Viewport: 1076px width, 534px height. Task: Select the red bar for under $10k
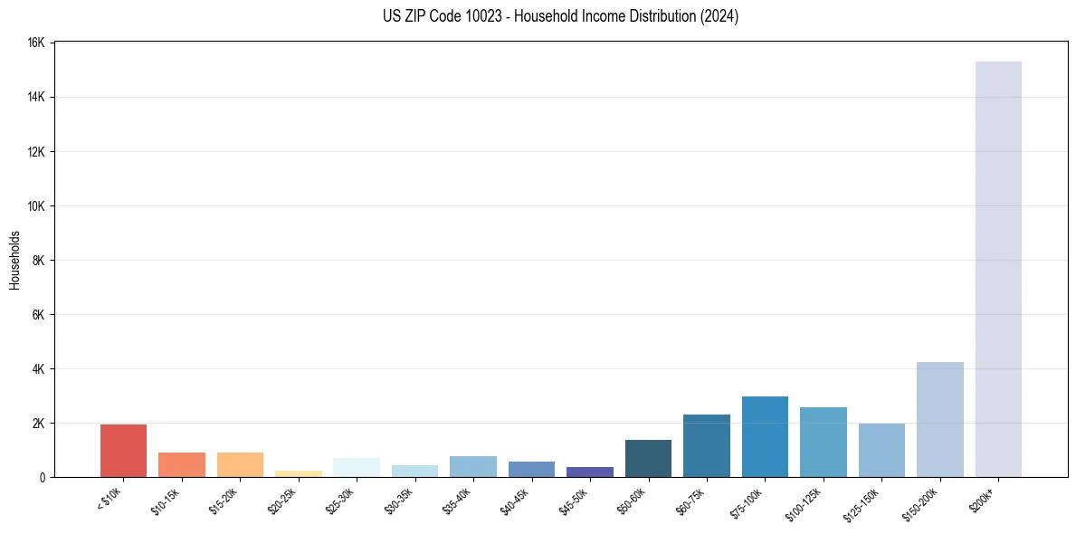(123, 451)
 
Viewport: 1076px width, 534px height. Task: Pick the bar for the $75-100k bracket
(765, 436)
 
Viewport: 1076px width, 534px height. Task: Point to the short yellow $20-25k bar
(298, 473)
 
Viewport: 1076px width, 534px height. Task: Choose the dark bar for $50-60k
(648, 458)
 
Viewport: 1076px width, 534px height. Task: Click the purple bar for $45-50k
(590, 472)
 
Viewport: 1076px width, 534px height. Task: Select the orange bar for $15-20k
(240, 464)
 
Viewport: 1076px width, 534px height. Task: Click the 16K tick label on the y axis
(36, 43)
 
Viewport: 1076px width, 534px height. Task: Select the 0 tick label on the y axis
(43, 478)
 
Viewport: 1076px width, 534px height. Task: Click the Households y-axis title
(14, 260)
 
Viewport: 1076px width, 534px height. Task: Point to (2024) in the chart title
(720, 16)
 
